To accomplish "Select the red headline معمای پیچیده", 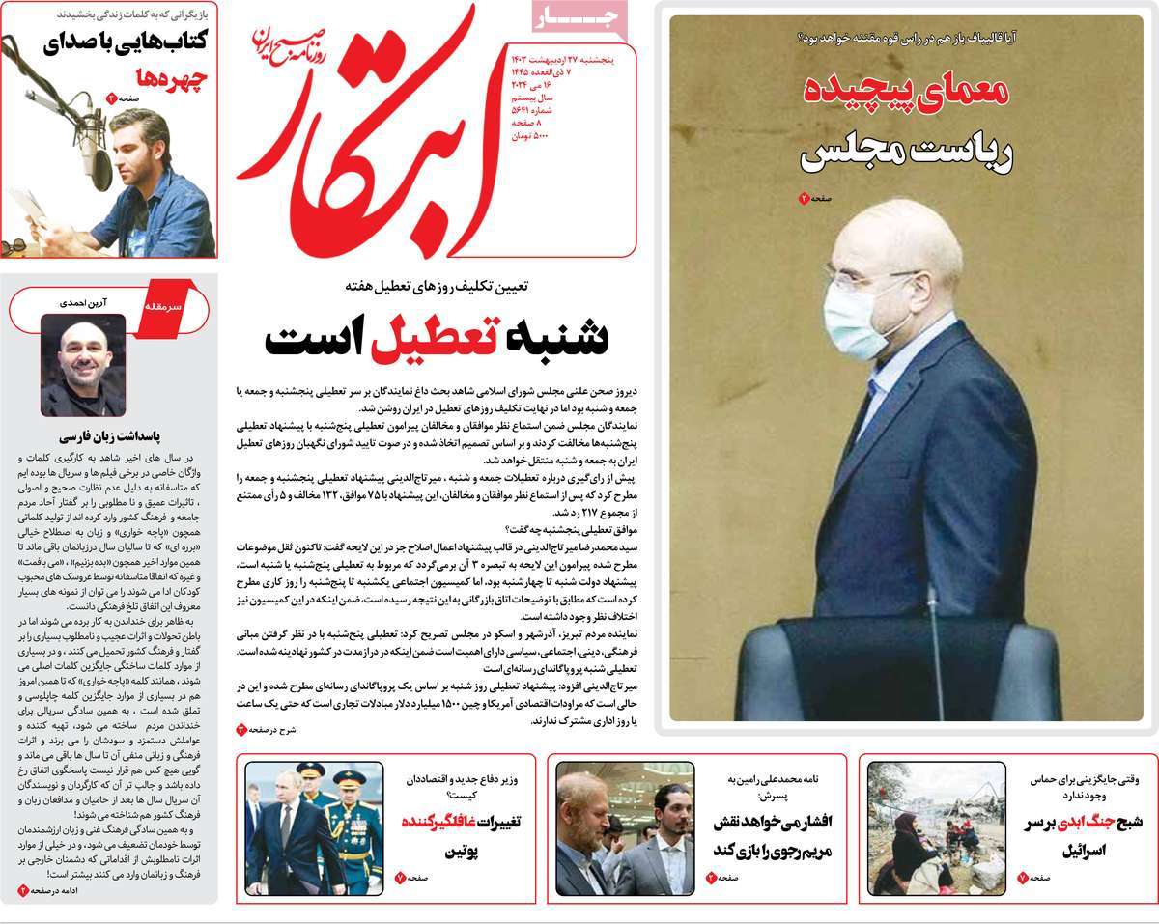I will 907,94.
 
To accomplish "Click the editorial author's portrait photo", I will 83,365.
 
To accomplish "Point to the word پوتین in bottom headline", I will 467,852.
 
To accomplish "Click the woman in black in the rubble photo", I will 909,851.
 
